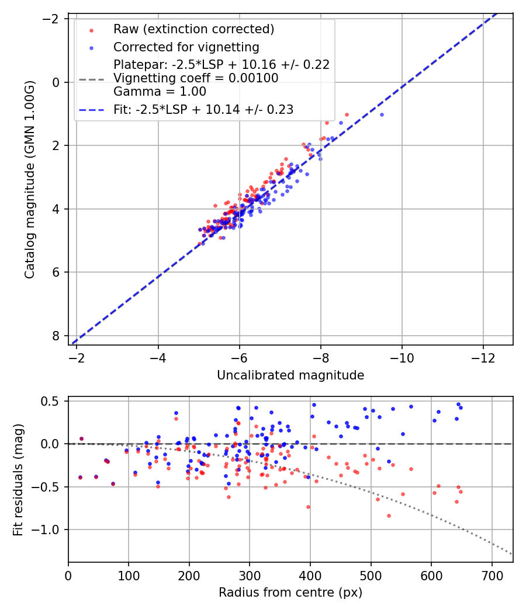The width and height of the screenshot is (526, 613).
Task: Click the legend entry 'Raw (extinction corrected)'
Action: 193,29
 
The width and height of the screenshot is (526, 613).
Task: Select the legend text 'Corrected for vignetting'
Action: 186,47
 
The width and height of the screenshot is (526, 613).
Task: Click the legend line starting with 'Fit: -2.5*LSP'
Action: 203,109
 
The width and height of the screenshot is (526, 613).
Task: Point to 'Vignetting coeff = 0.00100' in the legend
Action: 196,78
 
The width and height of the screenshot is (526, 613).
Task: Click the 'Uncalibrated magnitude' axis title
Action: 290,375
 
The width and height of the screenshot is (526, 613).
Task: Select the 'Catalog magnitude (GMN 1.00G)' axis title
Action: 30,180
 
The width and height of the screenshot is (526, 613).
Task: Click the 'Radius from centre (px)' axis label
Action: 290,593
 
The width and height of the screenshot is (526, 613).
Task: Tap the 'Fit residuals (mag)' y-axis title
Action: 18,479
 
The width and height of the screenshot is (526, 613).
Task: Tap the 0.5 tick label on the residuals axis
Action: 53,401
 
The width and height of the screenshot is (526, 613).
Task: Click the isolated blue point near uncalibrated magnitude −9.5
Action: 382,114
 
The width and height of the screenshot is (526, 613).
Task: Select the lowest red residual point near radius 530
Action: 389,516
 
